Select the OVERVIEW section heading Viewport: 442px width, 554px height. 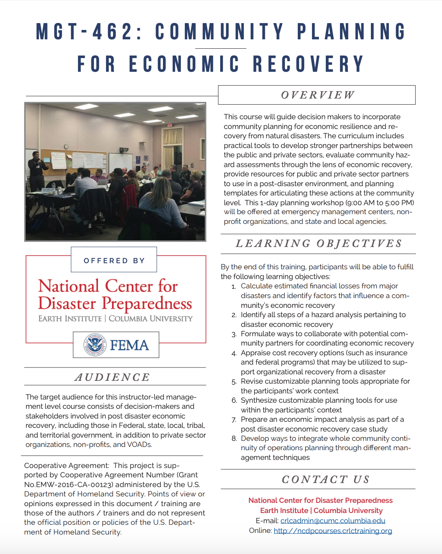tap(317, 95)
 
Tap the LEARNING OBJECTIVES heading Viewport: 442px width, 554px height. tap(319, 243)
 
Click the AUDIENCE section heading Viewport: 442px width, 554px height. tap(113, 377)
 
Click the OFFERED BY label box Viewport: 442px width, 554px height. tap(114, 260)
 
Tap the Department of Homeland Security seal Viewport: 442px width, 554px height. tap(95, 345)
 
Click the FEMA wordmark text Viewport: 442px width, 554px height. tap(129, 345)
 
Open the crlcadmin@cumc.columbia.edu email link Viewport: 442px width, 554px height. tap(333, 521)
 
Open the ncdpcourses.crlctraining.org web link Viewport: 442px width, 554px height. tap(333, 531)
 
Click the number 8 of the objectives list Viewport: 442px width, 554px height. tap(234, 438)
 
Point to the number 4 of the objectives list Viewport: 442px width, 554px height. tap(234, 353)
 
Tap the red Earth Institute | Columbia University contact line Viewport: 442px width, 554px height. tap(321, 511)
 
